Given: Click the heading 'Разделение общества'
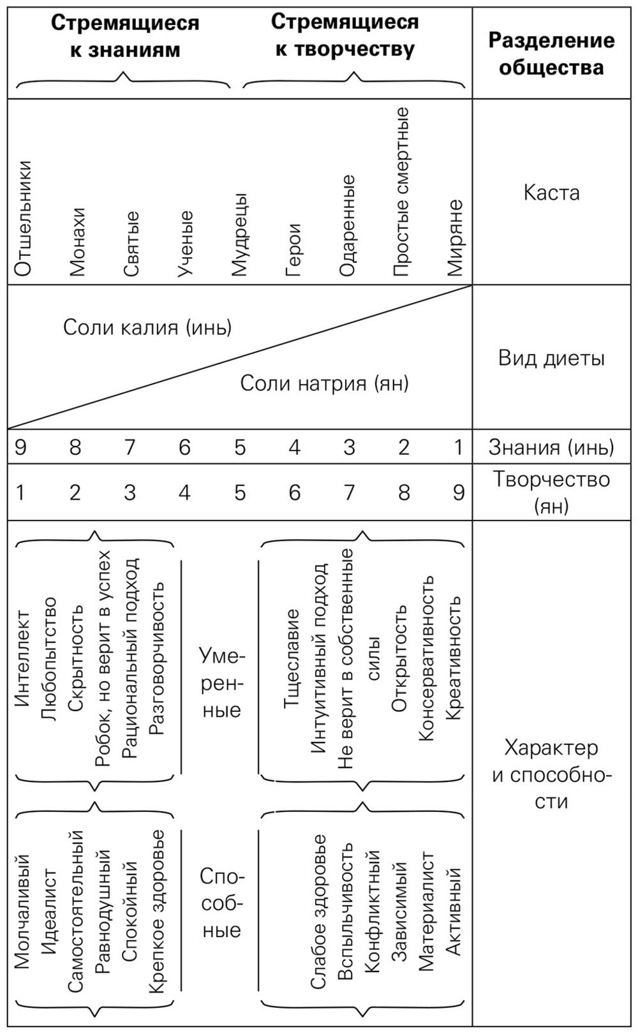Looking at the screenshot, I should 551,54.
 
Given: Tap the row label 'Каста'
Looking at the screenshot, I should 551,193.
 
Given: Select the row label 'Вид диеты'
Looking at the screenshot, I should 551,358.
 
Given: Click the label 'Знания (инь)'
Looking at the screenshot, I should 551,448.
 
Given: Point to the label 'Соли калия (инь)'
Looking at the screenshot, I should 147,327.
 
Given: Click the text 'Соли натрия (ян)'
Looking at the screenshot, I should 324,383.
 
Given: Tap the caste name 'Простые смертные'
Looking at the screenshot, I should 401,191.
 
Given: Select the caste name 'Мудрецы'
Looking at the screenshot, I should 239,235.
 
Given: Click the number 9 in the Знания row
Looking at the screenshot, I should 20,448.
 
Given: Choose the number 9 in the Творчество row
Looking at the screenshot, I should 458,492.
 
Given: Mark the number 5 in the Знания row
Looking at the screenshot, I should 239,448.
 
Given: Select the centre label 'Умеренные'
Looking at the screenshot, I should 221,683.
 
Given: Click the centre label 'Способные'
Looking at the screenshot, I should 221,903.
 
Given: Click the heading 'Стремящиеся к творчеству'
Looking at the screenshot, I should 345,36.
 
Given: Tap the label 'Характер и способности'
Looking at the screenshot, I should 551,774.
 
